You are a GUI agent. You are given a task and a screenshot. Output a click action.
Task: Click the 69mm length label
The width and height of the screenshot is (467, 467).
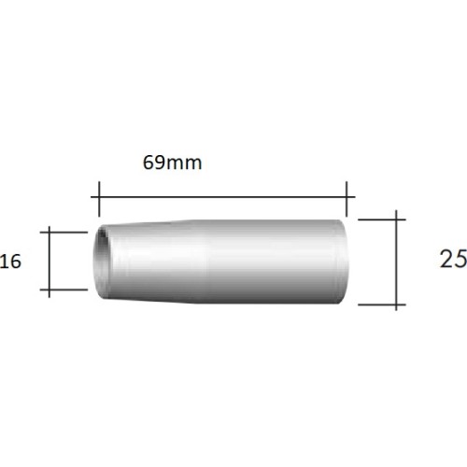click(x=172, y=163)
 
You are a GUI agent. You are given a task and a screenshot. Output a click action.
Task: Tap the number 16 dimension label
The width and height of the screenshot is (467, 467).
click(x=10, y=261)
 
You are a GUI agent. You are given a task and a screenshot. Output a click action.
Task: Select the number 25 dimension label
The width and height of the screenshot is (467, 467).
click(x=453, y=259)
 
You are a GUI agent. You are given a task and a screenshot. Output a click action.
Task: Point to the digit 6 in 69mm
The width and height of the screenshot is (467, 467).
click(x=149, y=163)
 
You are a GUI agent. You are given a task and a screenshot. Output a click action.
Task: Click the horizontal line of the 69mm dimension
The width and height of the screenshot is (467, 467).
click(x=223, y=197)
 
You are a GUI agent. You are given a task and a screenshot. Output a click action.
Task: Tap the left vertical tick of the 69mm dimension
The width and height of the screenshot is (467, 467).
click(x=99, y=199)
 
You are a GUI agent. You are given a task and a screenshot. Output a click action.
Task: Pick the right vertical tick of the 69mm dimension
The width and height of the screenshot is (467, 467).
click(x=347, y=199)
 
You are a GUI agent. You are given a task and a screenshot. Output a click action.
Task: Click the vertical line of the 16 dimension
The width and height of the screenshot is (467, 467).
click(x=50, y=262)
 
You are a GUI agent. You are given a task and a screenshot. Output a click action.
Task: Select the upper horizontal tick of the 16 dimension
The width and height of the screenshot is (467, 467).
click(x=64, y=233)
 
